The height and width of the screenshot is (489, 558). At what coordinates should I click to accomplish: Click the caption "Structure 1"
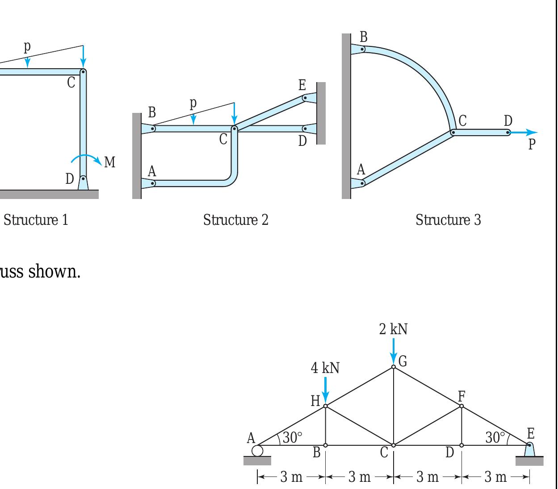pos(36,220)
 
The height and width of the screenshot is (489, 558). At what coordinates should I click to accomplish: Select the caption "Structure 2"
pos(235,220)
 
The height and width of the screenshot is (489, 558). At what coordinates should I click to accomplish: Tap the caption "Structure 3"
pos(448,220)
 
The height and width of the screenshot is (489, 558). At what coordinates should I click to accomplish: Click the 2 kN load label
pos(393,329)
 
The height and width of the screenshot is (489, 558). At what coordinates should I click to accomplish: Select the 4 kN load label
pos(325,368)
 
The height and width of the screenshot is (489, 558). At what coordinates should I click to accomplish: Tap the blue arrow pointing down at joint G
pos(393,352)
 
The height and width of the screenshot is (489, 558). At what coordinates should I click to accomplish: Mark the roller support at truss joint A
pos(257,451)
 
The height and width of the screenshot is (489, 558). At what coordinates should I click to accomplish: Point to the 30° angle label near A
pos(292,437)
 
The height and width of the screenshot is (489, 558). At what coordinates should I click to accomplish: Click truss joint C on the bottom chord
pos(393,445)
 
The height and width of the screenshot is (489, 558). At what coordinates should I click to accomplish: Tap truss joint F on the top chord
pos(462,406)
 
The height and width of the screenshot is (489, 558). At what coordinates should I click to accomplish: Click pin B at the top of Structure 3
pos(363,49)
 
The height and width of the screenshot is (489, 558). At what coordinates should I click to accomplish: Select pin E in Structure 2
pos(305,97)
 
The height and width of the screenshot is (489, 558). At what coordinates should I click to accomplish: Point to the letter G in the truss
pos(403,361)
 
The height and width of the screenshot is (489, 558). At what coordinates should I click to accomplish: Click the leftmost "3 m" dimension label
pos(291,477)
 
